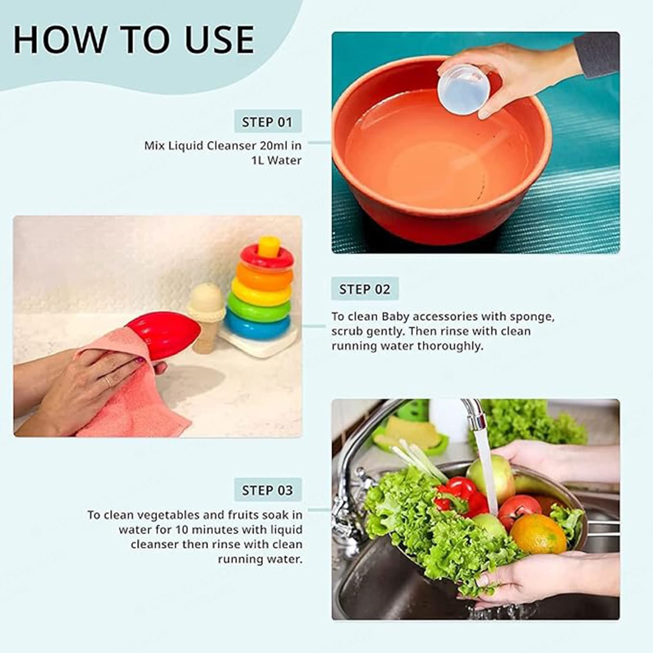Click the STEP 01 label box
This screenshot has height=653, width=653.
pos(267,121)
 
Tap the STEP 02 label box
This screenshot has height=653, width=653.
pos(364,289)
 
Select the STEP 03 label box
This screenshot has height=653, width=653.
pos(267,490)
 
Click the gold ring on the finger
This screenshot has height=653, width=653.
pos(107,381)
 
